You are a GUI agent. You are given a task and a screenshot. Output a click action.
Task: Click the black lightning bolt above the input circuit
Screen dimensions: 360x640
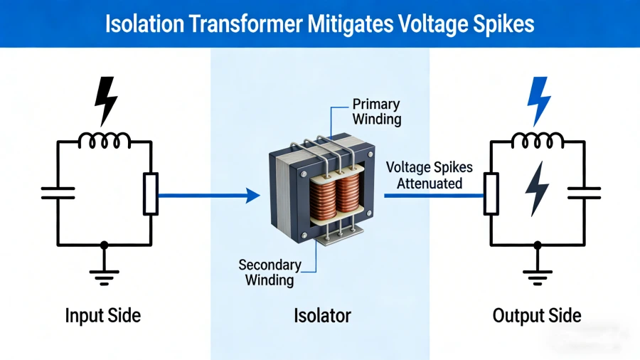106,100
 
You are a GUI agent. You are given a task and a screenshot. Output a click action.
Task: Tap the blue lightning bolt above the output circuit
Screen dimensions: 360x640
538,100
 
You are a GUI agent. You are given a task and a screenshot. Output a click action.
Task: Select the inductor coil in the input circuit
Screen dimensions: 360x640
105,141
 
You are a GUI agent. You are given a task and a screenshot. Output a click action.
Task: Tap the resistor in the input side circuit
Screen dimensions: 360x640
150,194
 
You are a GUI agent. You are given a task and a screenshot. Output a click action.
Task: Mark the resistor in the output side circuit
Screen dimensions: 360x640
491,194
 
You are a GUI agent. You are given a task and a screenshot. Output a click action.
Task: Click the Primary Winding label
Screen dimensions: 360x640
376,112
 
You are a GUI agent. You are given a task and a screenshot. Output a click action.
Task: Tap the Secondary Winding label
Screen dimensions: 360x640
270,272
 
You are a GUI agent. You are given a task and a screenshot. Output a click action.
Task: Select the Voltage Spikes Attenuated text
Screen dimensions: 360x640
424,176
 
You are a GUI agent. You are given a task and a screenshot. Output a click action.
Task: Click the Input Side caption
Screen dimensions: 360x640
105,315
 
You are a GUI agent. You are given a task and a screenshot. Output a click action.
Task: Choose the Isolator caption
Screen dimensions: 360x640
322,315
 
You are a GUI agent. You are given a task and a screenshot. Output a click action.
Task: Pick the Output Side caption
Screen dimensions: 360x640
537,315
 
